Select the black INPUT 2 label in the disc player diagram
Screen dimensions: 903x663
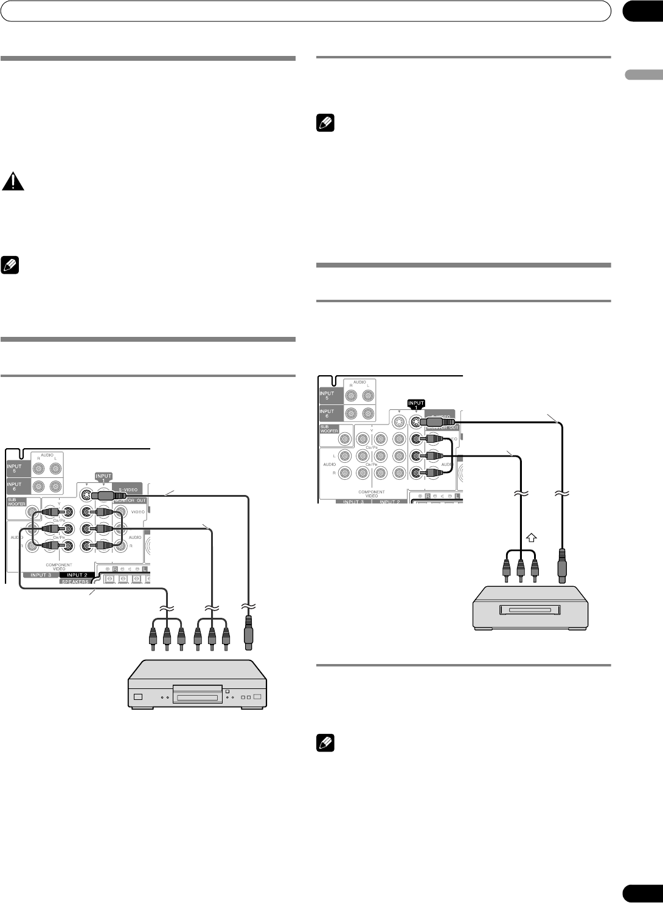tap(77, 574)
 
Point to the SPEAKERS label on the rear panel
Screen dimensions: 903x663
tap(75, 581)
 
